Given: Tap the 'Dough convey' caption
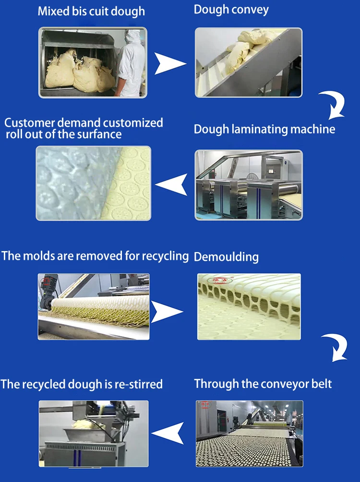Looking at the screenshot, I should [x=231, y=10].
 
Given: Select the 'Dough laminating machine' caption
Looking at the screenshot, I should [x=264, y=129].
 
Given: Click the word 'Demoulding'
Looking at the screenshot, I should [x=226, y=257].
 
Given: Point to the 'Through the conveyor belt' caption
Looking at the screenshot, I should [x=263, y=384].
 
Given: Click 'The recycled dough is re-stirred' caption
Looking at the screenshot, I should [x=82, y=385].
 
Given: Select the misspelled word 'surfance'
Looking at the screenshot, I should [x=99, y=134].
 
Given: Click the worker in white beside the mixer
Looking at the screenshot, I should [x=130, y=62].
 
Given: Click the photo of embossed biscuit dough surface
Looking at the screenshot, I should [x=93, y=183].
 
